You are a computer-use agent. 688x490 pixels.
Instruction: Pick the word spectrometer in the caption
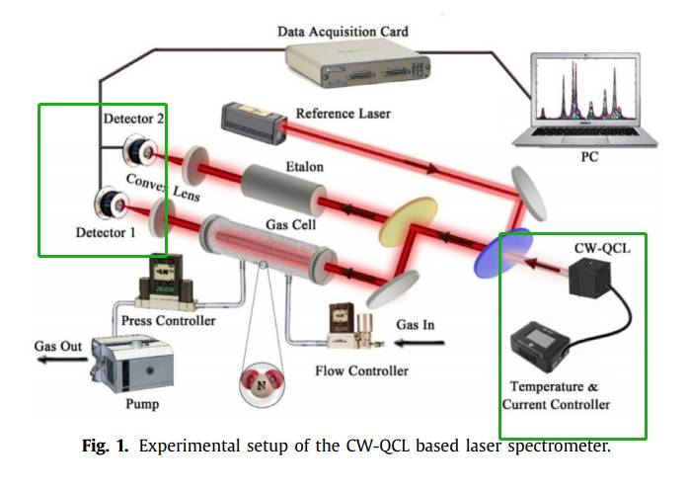(560, 446)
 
